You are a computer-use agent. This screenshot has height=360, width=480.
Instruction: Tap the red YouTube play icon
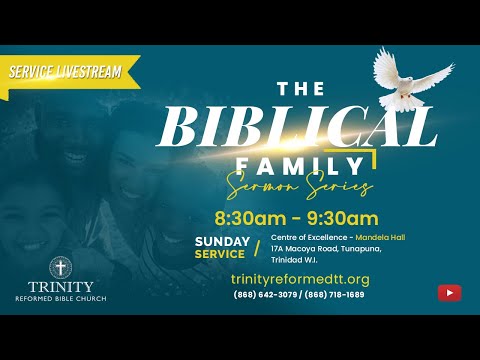click(449, 292)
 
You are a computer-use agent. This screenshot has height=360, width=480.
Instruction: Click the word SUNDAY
click(221, 242)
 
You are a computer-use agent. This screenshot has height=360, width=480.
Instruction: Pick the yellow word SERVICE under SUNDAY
click(221, 254)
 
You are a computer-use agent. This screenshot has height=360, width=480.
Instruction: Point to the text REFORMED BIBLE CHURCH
click(62, 298)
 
